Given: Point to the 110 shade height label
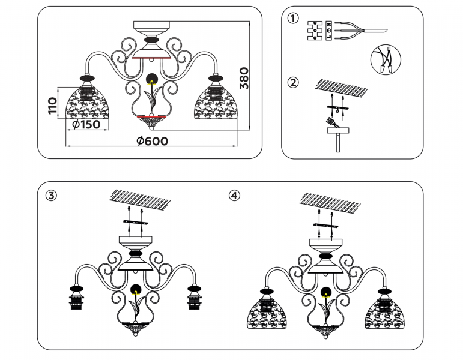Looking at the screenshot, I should coord(52,106).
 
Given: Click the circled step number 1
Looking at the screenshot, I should coord(292,18).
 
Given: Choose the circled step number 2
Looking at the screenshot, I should coord(292,83).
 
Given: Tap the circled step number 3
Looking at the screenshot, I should coord(52,196).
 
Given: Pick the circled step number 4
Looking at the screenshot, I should coord(234,196).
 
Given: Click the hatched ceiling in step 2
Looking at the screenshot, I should coord(342,88).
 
